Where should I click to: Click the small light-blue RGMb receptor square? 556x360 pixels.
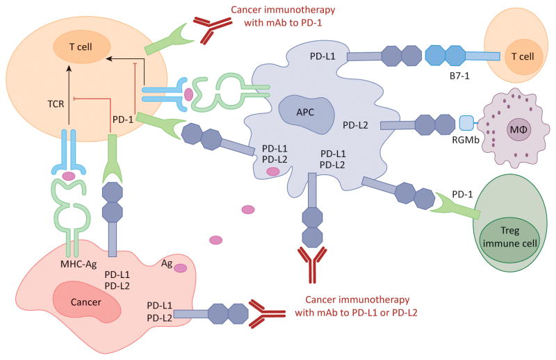tap(467, 123)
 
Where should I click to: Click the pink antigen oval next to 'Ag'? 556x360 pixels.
tap(180, 268)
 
